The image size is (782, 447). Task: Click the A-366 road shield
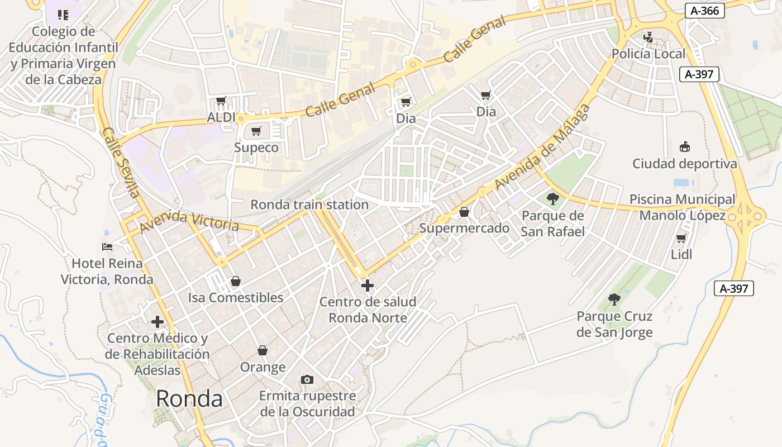704,11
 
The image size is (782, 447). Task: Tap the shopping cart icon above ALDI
221,101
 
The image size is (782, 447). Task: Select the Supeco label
256,148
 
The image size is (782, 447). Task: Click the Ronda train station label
309,205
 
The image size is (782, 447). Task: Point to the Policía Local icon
648,37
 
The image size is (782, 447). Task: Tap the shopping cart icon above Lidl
681,238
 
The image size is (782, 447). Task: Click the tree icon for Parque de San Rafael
552,198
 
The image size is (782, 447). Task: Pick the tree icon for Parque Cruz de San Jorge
614,299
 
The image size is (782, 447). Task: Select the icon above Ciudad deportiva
684,146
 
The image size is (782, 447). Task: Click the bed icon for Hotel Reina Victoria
107,246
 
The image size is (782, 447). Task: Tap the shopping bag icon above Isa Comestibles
236,280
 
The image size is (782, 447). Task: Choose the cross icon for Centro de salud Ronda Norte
368,286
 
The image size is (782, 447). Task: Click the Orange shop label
263,367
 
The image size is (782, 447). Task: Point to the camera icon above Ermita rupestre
307,380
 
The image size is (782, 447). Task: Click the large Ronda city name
189,398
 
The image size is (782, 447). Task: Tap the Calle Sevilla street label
120,163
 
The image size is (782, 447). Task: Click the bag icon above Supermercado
464,212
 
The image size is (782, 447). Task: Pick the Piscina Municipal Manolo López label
682,207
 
